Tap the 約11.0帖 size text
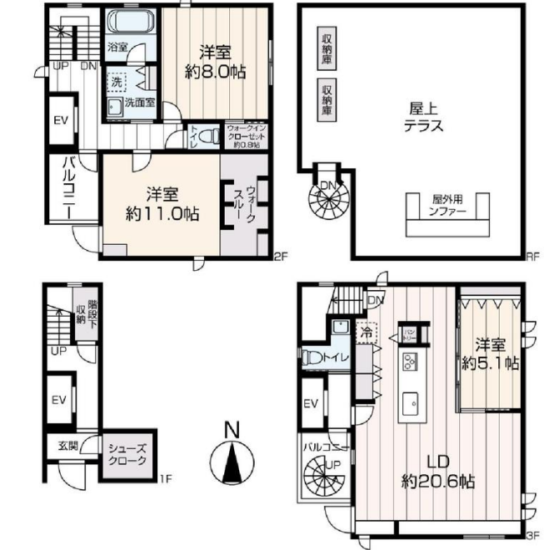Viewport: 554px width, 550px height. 151,202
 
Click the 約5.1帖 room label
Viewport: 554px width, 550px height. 491,353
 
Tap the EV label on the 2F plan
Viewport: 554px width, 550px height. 60,120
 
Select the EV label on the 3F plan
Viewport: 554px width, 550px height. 312,405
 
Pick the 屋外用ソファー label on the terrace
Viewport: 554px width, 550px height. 448,205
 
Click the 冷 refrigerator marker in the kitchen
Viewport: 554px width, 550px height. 366,332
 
